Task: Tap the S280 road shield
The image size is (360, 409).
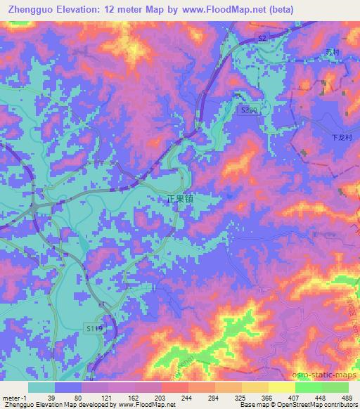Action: (248, 111)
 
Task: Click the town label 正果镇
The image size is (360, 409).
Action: (180, 200)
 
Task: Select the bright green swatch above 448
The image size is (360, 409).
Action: (308, 387)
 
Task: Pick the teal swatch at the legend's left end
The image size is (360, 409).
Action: (41, 387)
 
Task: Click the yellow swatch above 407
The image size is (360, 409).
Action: (281, 387)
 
